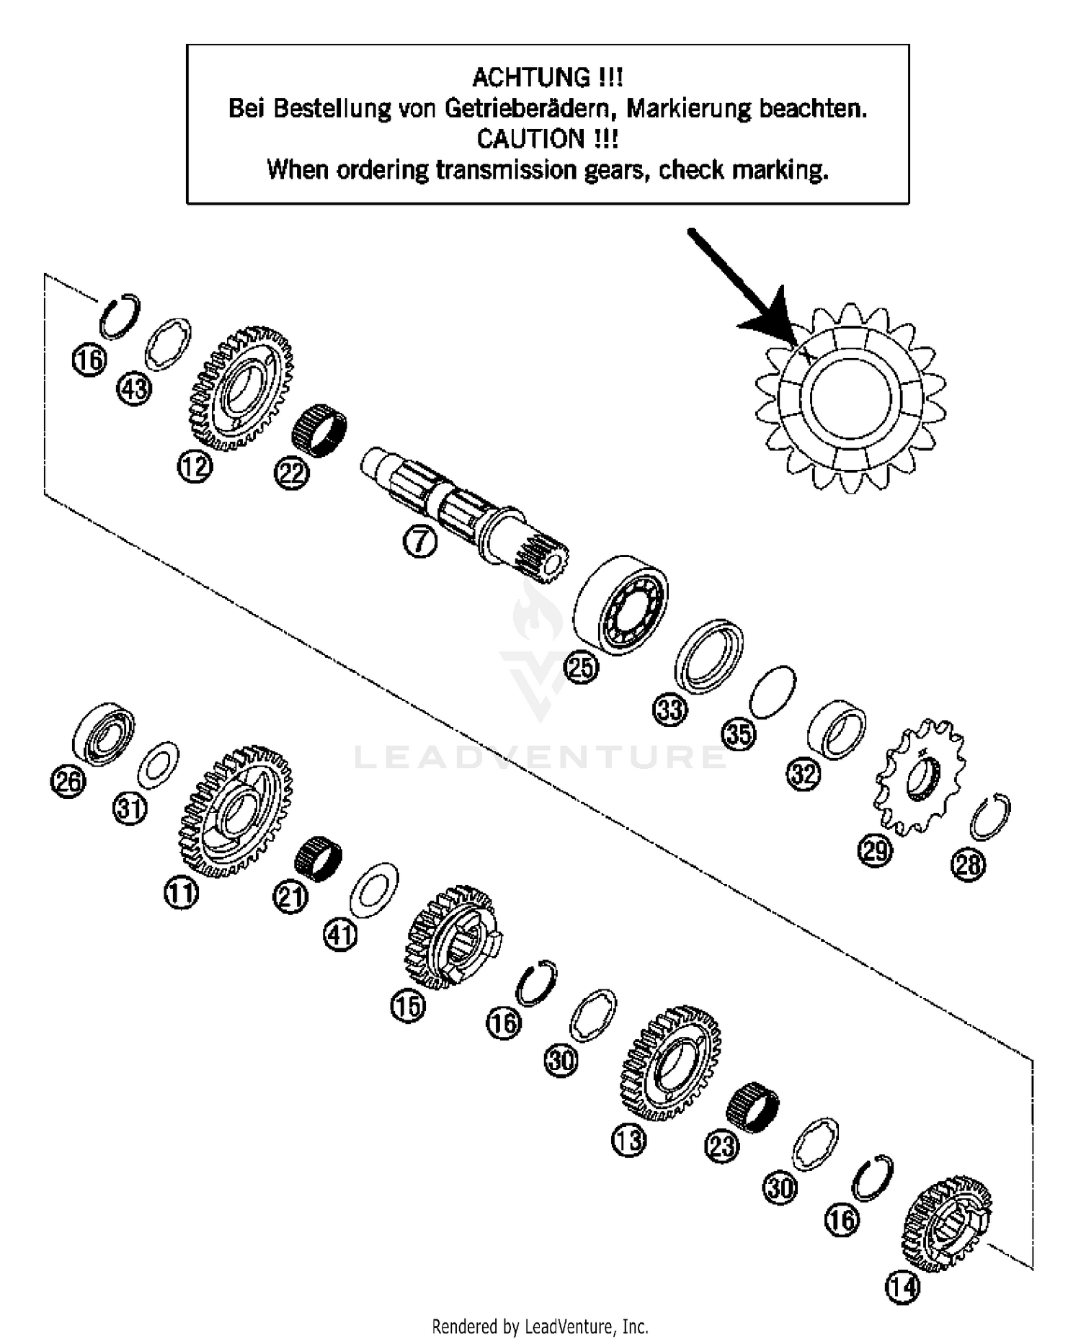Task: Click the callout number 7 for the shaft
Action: point(420,542)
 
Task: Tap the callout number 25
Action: point(582,667)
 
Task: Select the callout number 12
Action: point(195,466)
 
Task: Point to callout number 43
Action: point(135,389)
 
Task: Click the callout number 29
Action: point(875,850)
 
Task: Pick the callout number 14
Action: point(903,1287)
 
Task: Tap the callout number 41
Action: point(341,935)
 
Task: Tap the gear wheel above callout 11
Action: point(236,813)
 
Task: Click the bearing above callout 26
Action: point(104,733)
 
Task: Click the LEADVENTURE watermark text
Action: point(540,757)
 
